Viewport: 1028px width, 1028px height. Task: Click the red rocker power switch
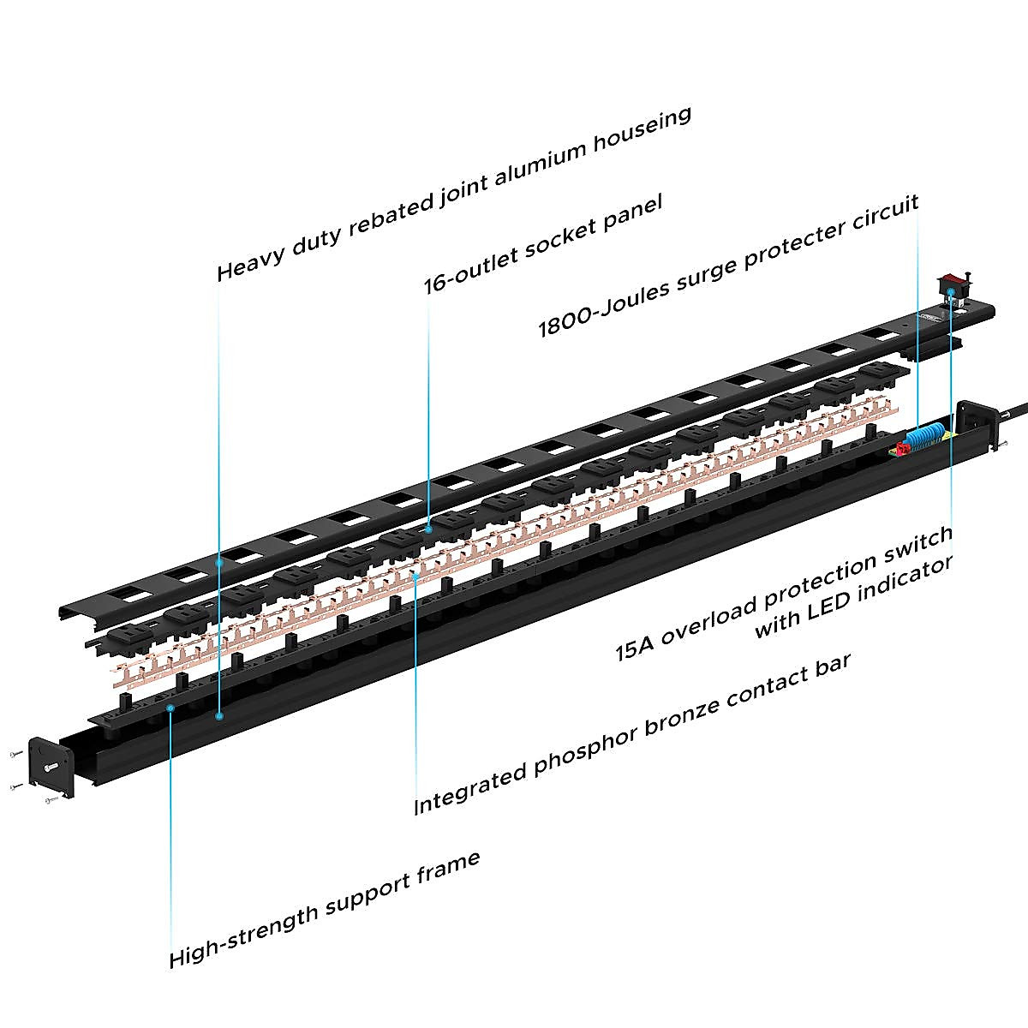953,280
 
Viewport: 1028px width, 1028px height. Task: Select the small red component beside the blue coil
901,448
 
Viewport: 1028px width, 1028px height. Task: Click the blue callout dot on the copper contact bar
416,576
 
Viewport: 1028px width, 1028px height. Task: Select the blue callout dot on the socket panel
427,530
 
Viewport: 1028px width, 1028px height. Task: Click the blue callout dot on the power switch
953,290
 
